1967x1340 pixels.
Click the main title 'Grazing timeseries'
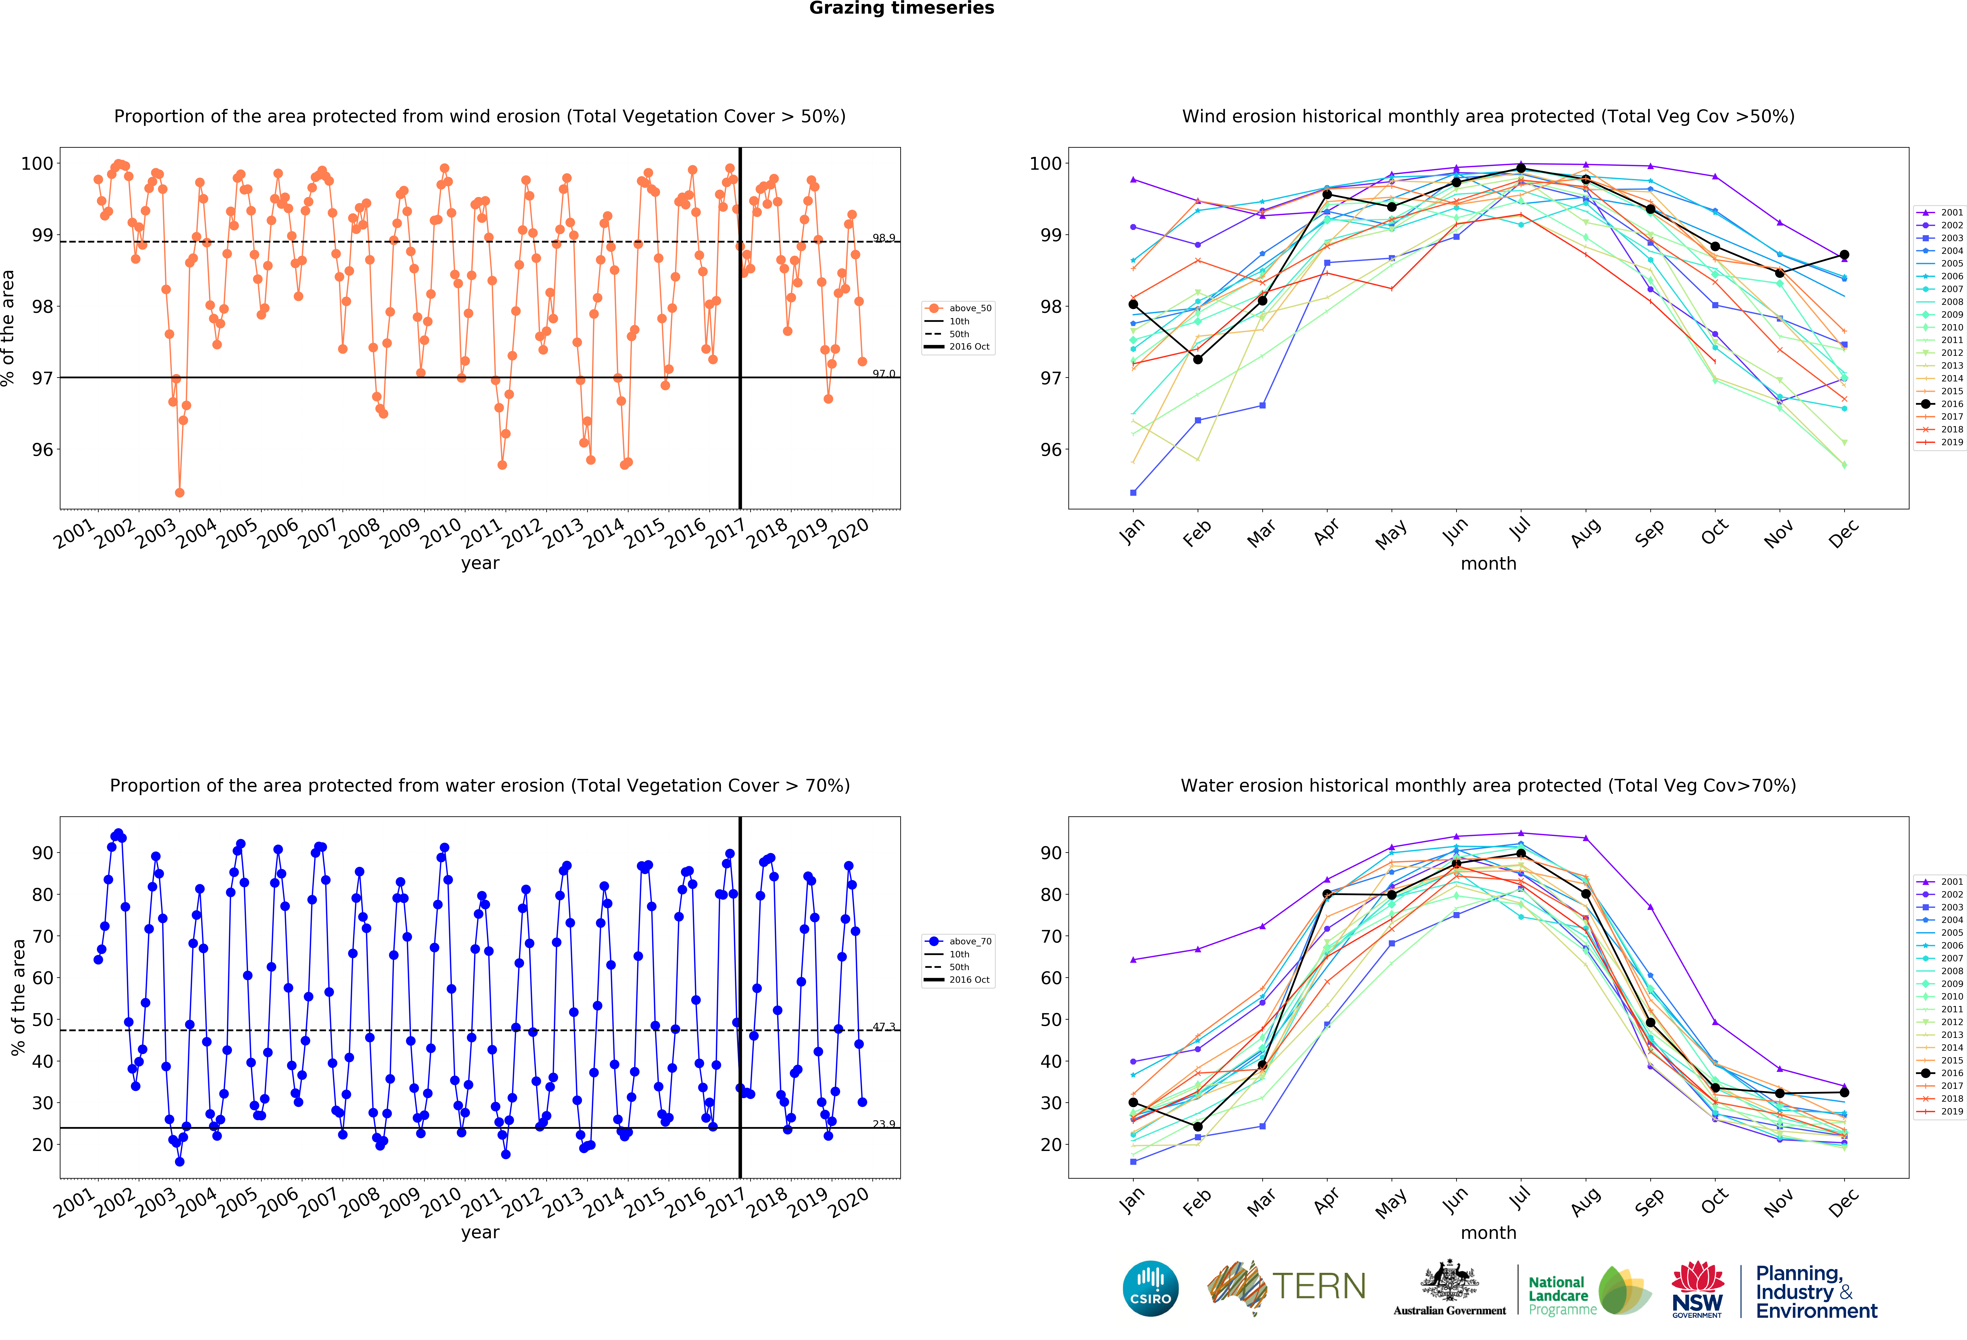click(x=901, y=8)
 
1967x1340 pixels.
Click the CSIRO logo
click(x=1150, y=1288)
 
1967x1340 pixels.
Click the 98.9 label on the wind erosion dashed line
click(x=884, y=238)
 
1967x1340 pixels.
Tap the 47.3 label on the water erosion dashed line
click(x=884, y=1026)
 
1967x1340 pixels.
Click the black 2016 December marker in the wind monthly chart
click(x=1844, y=255)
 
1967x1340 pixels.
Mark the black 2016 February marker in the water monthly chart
click(x=1198, y=1127)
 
